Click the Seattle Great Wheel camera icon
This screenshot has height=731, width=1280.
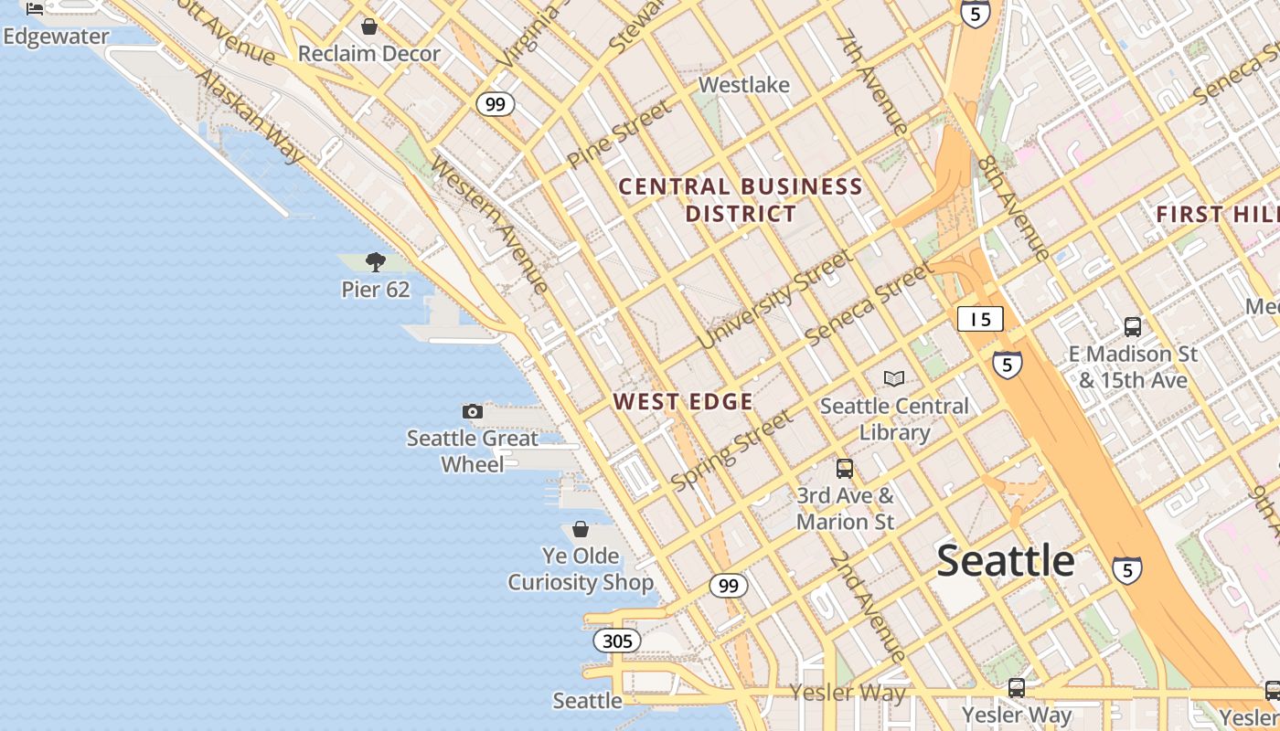(473, 412)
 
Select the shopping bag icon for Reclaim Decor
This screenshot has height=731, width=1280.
(369, 27)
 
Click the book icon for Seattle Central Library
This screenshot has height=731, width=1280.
(894, 378)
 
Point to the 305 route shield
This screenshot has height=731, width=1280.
(617, 641)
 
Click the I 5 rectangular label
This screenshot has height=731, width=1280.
(980, 319)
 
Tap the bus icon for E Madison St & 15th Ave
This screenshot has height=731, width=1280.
(1133, 326)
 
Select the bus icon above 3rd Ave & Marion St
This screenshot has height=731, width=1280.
(845, 469)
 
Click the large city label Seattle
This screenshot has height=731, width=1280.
(1005, 560)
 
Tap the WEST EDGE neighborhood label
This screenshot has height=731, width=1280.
(683, 402)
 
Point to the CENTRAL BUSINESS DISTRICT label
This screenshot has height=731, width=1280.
(741, 200)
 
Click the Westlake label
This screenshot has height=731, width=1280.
(743, 85)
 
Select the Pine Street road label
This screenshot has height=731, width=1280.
(619, 133)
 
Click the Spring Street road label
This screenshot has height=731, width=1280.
(731, 450)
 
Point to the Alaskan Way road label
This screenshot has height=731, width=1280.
(250, 117)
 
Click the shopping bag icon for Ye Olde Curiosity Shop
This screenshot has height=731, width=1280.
(581, 529)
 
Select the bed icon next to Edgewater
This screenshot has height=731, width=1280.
(35, 9)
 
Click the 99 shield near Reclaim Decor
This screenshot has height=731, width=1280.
(495, 104)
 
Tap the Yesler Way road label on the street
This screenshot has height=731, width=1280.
(848, 694)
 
